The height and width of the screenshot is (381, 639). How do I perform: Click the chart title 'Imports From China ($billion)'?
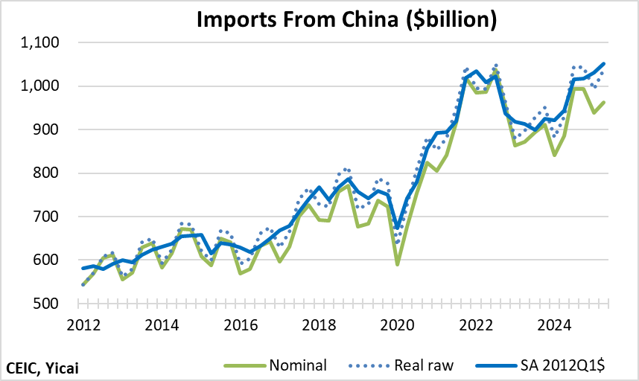coord(346,20)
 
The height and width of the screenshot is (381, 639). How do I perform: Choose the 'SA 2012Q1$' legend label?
coord(565,365)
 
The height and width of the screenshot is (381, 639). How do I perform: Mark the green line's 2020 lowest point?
coord(398,264)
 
